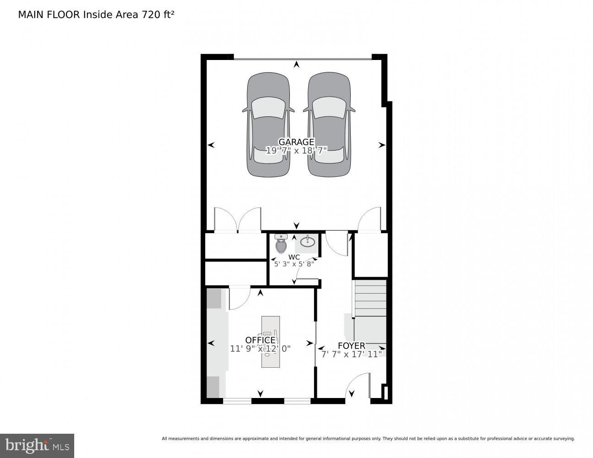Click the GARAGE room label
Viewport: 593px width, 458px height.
pyautogui.click(x=296, y=142)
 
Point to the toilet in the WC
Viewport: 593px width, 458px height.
pyautogui.click(x=281, y=244)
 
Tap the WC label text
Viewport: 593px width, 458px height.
pyautogui.click(x=294, y=257)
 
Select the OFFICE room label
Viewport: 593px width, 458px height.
pyautogui.click(x=260, y=340)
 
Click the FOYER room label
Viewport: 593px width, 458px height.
pyautogui.click(x=351, y=346)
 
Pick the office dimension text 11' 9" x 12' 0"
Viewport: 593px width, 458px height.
pyautogui.click(x=260, y=349)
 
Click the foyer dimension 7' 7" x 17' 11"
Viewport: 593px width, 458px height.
pyautogui.click(x=351, y=354)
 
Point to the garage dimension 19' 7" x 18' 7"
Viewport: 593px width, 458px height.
pyautogui.click(x=296, y=150)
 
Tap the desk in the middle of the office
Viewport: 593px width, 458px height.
pyautogui.click(x=270, y=341)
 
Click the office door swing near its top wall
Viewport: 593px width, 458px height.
pyautogui.click(x=239, y=298)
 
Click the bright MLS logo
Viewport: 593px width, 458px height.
pyautogui.click(x=37, y=445)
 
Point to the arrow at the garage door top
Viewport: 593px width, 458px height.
pyautogui.click(x=297, y=65)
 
